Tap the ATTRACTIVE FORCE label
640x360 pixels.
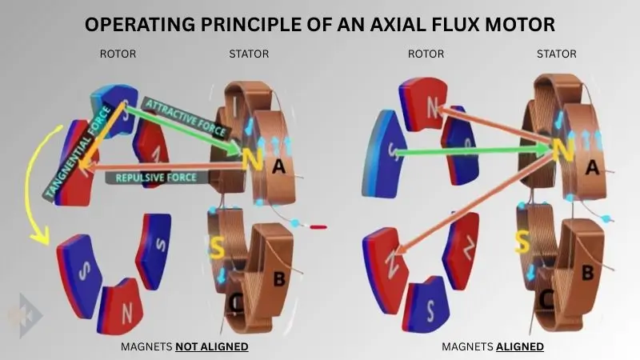(186, 115)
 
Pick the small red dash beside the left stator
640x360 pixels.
(318, 226)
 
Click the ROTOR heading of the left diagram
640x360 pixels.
(119, 54)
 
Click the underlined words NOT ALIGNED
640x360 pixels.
(212, 346)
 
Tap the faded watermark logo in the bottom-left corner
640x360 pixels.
(18, 315)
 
